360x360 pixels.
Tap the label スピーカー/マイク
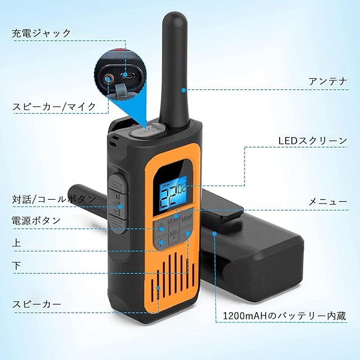(54, 105)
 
